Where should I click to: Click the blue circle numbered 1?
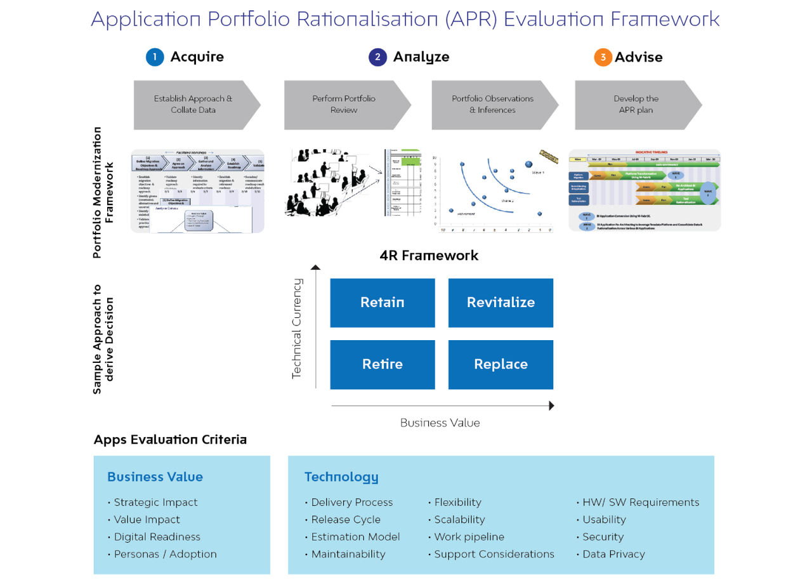click(155, 57)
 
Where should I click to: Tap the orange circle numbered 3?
click(603, 57)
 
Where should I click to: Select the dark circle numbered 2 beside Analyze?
click(377, 57)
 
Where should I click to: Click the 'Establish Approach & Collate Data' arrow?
click(193, 105)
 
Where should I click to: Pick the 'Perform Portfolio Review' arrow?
click(344, 105)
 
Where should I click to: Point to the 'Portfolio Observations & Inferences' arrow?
click(492, 105)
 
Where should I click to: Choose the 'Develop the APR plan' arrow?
click(636, 105)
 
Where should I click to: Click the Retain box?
click(383, 303)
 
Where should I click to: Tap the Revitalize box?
click(501, 303)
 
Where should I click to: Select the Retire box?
click(383, 364)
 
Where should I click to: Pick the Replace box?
click(501, 364)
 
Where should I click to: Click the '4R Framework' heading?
click(429, 256)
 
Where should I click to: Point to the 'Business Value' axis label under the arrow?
click(440, 423)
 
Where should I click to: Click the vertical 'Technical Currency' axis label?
click(296, 329)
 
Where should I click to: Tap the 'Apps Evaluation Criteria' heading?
click(170, 440)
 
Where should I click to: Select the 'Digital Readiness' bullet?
click(157, 537)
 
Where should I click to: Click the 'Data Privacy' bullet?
click(613, 554)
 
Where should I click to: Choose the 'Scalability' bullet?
click(459, 520)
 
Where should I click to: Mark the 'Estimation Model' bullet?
click(355, 537)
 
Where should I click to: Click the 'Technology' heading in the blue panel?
click(341, 477)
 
